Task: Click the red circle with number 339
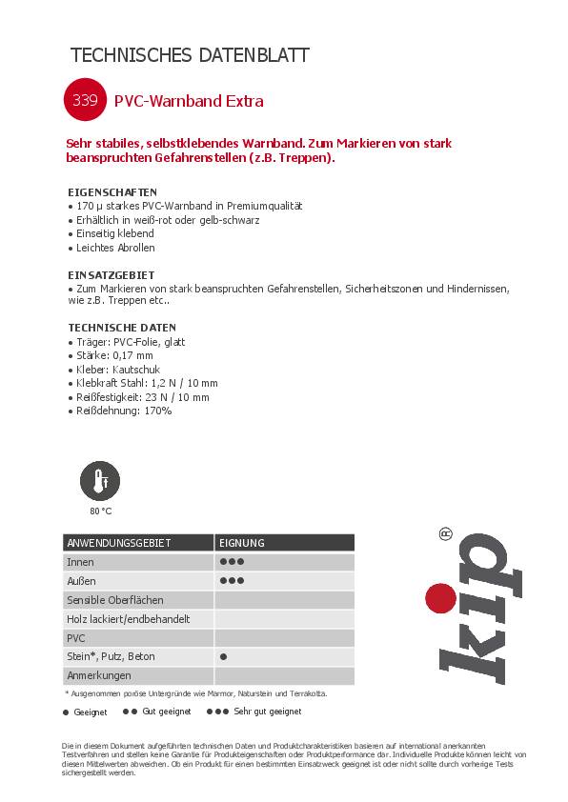click(x=80, y=100)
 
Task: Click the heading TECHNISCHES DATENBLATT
click(x=190, y=55)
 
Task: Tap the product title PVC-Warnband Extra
click(x=189, y=101)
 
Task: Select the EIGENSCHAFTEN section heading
click(x=112, y=191)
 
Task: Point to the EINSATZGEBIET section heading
click(x=111, y=274)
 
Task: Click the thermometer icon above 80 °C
click(x=100, y=481)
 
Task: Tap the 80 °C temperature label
click(x=101, y=511)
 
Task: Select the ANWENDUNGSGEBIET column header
click(x=119, y=543)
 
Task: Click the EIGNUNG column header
click(x=242, y=543)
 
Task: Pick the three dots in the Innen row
click(x=233, y=562)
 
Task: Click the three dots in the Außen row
click(x=233, y=581)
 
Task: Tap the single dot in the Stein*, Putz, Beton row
click(x=223, y=657)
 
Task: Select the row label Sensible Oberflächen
click(x=115, y=600)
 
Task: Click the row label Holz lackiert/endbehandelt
click(x=128, y=619)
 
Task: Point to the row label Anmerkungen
click(x=98, y=675)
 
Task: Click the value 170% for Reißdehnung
click(x=156, y=411)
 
